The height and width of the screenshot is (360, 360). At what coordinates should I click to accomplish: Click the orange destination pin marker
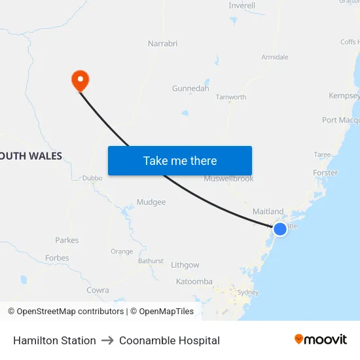80,81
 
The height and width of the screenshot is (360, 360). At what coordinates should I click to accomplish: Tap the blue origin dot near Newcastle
279,228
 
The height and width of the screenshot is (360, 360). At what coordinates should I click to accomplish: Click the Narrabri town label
162,44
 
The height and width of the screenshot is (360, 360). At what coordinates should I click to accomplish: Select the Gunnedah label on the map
190,88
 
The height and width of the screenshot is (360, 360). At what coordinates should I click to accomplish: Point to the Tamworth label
231,97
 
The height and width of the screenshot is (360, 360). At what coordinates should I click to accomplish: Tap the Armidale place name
275,57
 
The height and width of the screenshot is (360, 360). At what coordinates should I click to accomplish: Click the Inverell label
242,6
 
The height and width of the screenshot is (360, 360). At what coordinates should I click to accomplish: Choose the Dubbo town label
93,178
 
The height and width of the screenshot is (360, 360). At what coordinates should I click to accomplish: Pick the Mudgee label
151,202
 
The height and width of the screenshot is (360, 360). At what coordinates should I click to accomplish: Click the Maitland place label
268,211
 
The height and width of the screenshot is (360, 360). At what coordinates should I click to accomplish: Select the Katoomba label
194,281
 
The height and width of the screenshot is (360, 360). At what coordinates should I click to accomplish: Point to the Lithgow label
185,265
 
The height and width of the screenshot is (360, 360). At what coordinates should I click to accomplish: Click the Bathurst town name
151,261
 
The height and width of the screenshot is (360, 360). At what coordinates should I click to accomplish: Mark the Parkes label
67,240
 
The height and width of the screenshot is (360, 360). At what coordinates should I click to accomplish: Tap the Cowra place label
98,290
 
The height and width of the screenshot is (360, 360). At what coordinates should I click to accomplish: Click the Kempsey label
344,96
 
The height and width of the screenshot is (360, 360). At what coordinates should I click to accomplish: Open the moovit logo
320,340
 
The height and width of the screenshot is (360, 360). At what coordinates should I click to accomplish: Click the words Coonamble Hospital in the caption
170,340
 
